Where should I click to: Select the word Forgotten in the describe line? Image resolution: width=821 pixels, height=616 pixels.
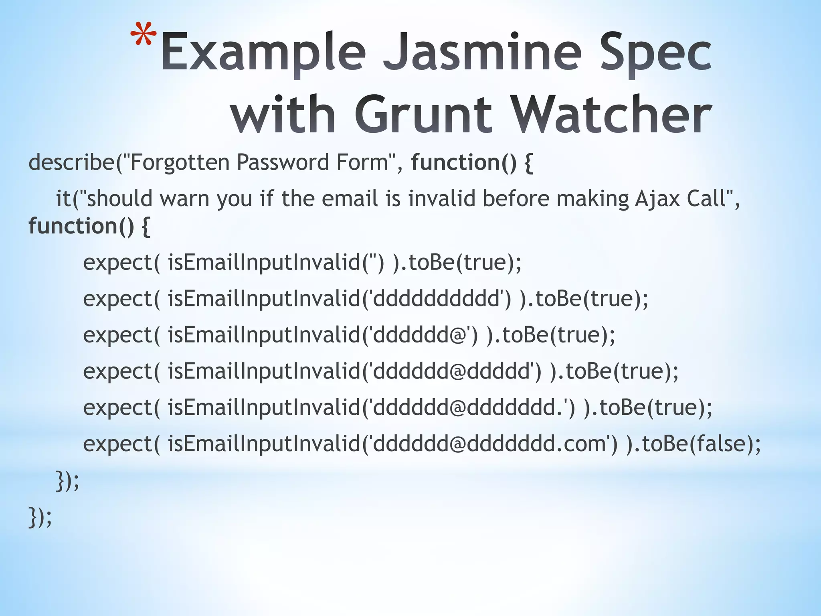[180, 163]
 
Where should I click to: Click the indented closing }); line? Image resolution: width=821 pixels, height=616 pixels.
[67, 481]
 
